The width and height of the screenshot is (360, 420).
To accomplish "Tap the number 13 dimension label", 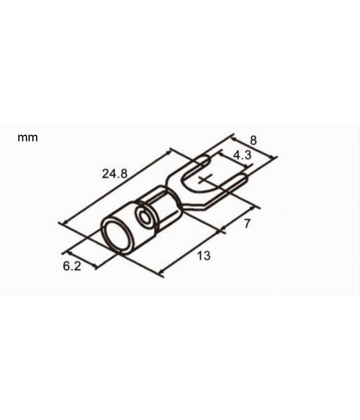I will (204, 256).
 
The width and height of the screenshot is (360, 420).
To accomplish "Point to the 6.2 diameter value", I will (72, 266).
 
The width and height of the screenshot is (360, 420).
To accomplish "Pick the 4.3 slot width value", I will (242, 155).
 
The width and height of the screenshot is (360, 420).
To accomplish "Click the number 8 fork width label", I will (253, 140).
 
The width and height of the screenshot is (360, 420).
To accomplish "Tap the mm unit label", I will (28, 138).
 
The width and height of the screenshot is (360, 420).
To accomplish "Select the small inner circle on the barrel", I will (143, 216).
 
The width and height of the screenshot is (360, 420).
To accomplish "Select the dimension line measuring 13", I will (191, 251).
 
